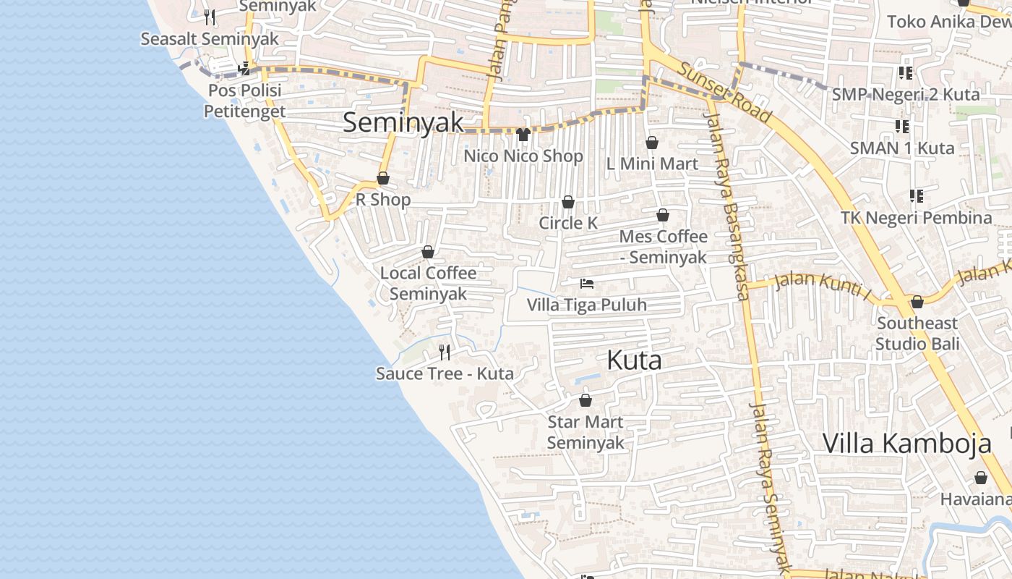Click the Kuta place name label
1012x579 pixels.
coord(634,360)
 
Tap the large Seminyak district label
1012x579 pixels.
coord(403,122)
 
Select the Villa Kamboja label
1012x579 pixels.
coord(906,443)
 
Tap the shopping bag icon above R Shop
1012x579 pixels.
coord(383,178)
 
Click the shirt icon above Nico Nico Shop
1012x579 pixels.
coord(523,134)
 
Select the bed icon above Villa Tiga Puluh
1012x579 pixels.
coord(586,284)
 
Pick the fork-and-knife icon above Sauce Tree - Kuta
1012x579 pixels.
coord(445,352)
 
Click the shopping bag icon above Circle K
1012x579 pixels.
coord(568,202)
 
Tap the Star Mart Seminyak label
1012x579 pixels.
coord(586,432)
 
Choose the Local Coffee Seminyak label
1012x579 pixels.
coord(428,284)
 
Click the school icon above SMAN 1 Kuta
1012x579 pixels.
coord(902,127)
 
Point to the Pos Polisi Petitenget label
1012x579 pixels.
coord(244,101)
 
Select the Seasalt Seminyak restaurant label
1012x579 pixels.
coord(210,39)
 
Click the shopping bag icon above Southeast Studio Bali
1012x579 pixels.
coord(917,302)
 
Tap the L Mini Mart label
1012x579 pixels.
coord(652,164)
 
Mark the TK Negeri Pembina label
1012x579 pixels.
coord(916,218)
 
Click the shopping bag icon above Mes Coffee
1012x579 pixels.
coord(662,215)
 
